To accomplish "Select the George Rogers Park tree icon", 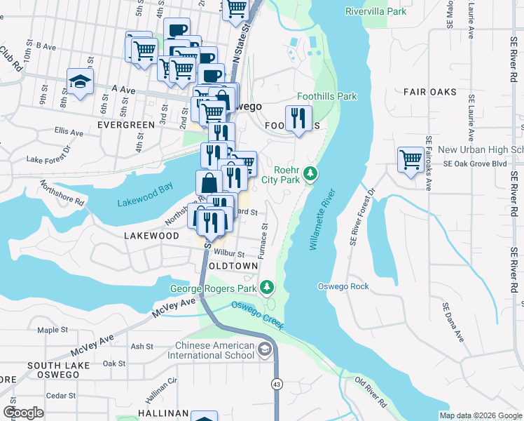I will coord(266,288).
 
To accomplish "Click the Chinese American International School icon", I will coord(265,349).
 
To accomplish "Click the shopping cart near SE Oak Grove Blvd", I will coord(410,159).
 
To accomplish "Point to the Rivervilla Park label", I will coord(376,11).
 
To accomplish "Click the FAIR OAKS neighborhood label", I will coord(429,92).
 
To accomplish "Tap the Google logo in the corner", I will coord(23,412).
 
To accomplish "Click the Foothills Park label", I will coord(326,96).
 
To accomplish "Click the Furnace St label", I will coord(265,241).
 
